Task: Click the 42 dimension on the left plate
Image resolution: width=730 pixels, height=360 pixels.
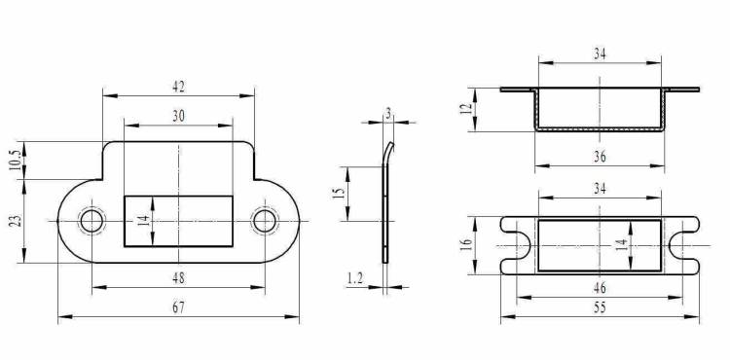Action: [x=178, y=87]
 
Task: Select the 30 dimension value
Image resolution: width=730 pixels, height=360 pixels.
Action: [x=178, y=117]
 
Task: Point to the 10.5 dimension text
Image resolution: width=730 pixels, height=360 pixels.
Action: [x=15, y=160]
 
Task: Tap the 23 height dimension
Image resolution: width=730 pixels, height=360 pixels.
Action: [x=16, y=220]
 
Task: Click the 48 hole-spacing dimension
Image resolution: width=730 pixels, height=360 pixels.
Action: [x=178, y=278]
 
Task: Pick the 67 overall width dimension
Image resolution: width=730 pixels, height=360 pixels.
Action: [x=178, y=307]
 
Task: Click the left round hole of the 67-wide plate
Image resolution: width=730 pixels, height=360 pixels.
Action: [x=91, y=221]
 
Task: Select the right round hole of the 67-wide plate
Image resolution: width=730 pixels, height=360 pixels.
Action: [x=265, y=221]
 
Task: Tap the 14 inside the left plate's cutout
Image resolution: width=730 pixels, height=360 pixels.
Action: [x=145, y=221]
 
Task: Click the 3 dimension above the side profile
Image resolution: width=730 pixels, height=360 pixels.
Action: [x=388, y=114]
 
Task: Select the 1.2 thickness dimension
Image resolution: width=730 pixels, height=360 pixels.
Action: [x=354, y=278]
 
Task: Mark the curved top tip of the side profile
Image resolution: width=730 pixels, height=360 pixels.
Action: [x=392, y=143]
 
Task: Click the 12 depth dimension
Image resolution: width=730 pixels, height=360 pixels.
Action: [x=467, y=110]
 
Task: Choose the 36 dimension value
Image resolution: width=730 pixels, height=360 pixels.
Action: [x=600, y=158]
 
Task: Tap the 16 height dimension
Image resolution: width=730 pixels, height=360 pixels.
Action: [x=466, y=244]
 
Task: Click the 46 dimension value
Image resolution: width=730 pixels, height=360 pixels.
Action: [x=600, y=288]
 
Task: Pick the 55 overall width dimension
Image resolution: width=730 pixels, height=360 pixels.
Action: [x=600, y=308]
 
